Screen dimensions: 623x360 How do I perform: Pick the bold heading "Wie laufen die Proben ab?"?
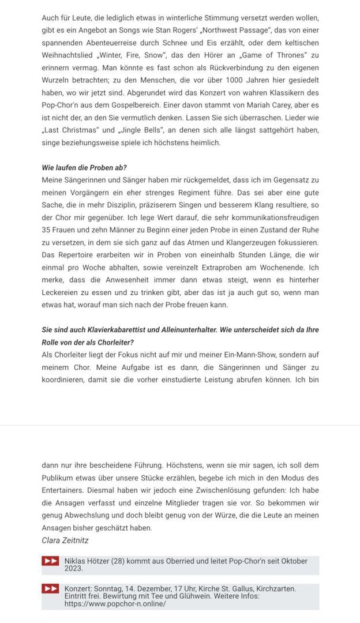[x=84, y=168]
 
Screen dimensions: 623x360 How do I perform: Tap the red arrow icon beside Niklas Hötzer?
[x=50, y=561]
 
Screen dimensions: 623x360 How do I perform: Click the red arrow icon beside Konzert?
[x=50, y=589]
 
